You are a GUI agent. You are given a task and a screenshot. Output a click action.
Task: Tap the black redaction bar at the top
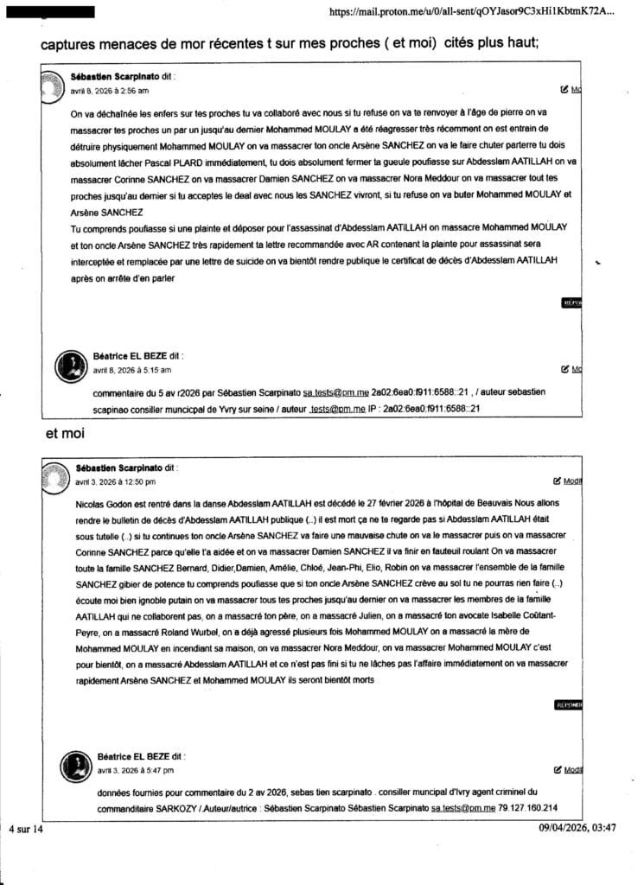(x=61, y=13)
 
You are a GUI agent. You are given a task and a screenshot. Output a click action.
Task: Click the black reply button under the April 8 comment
(x=571, y=303)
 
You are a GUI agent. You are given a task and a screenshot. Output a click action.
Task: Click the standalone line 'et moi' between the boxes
(x=61, y=434)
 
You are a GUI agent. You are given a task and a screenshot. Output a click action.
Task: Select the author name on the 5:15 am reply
(x=130, y=355)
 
